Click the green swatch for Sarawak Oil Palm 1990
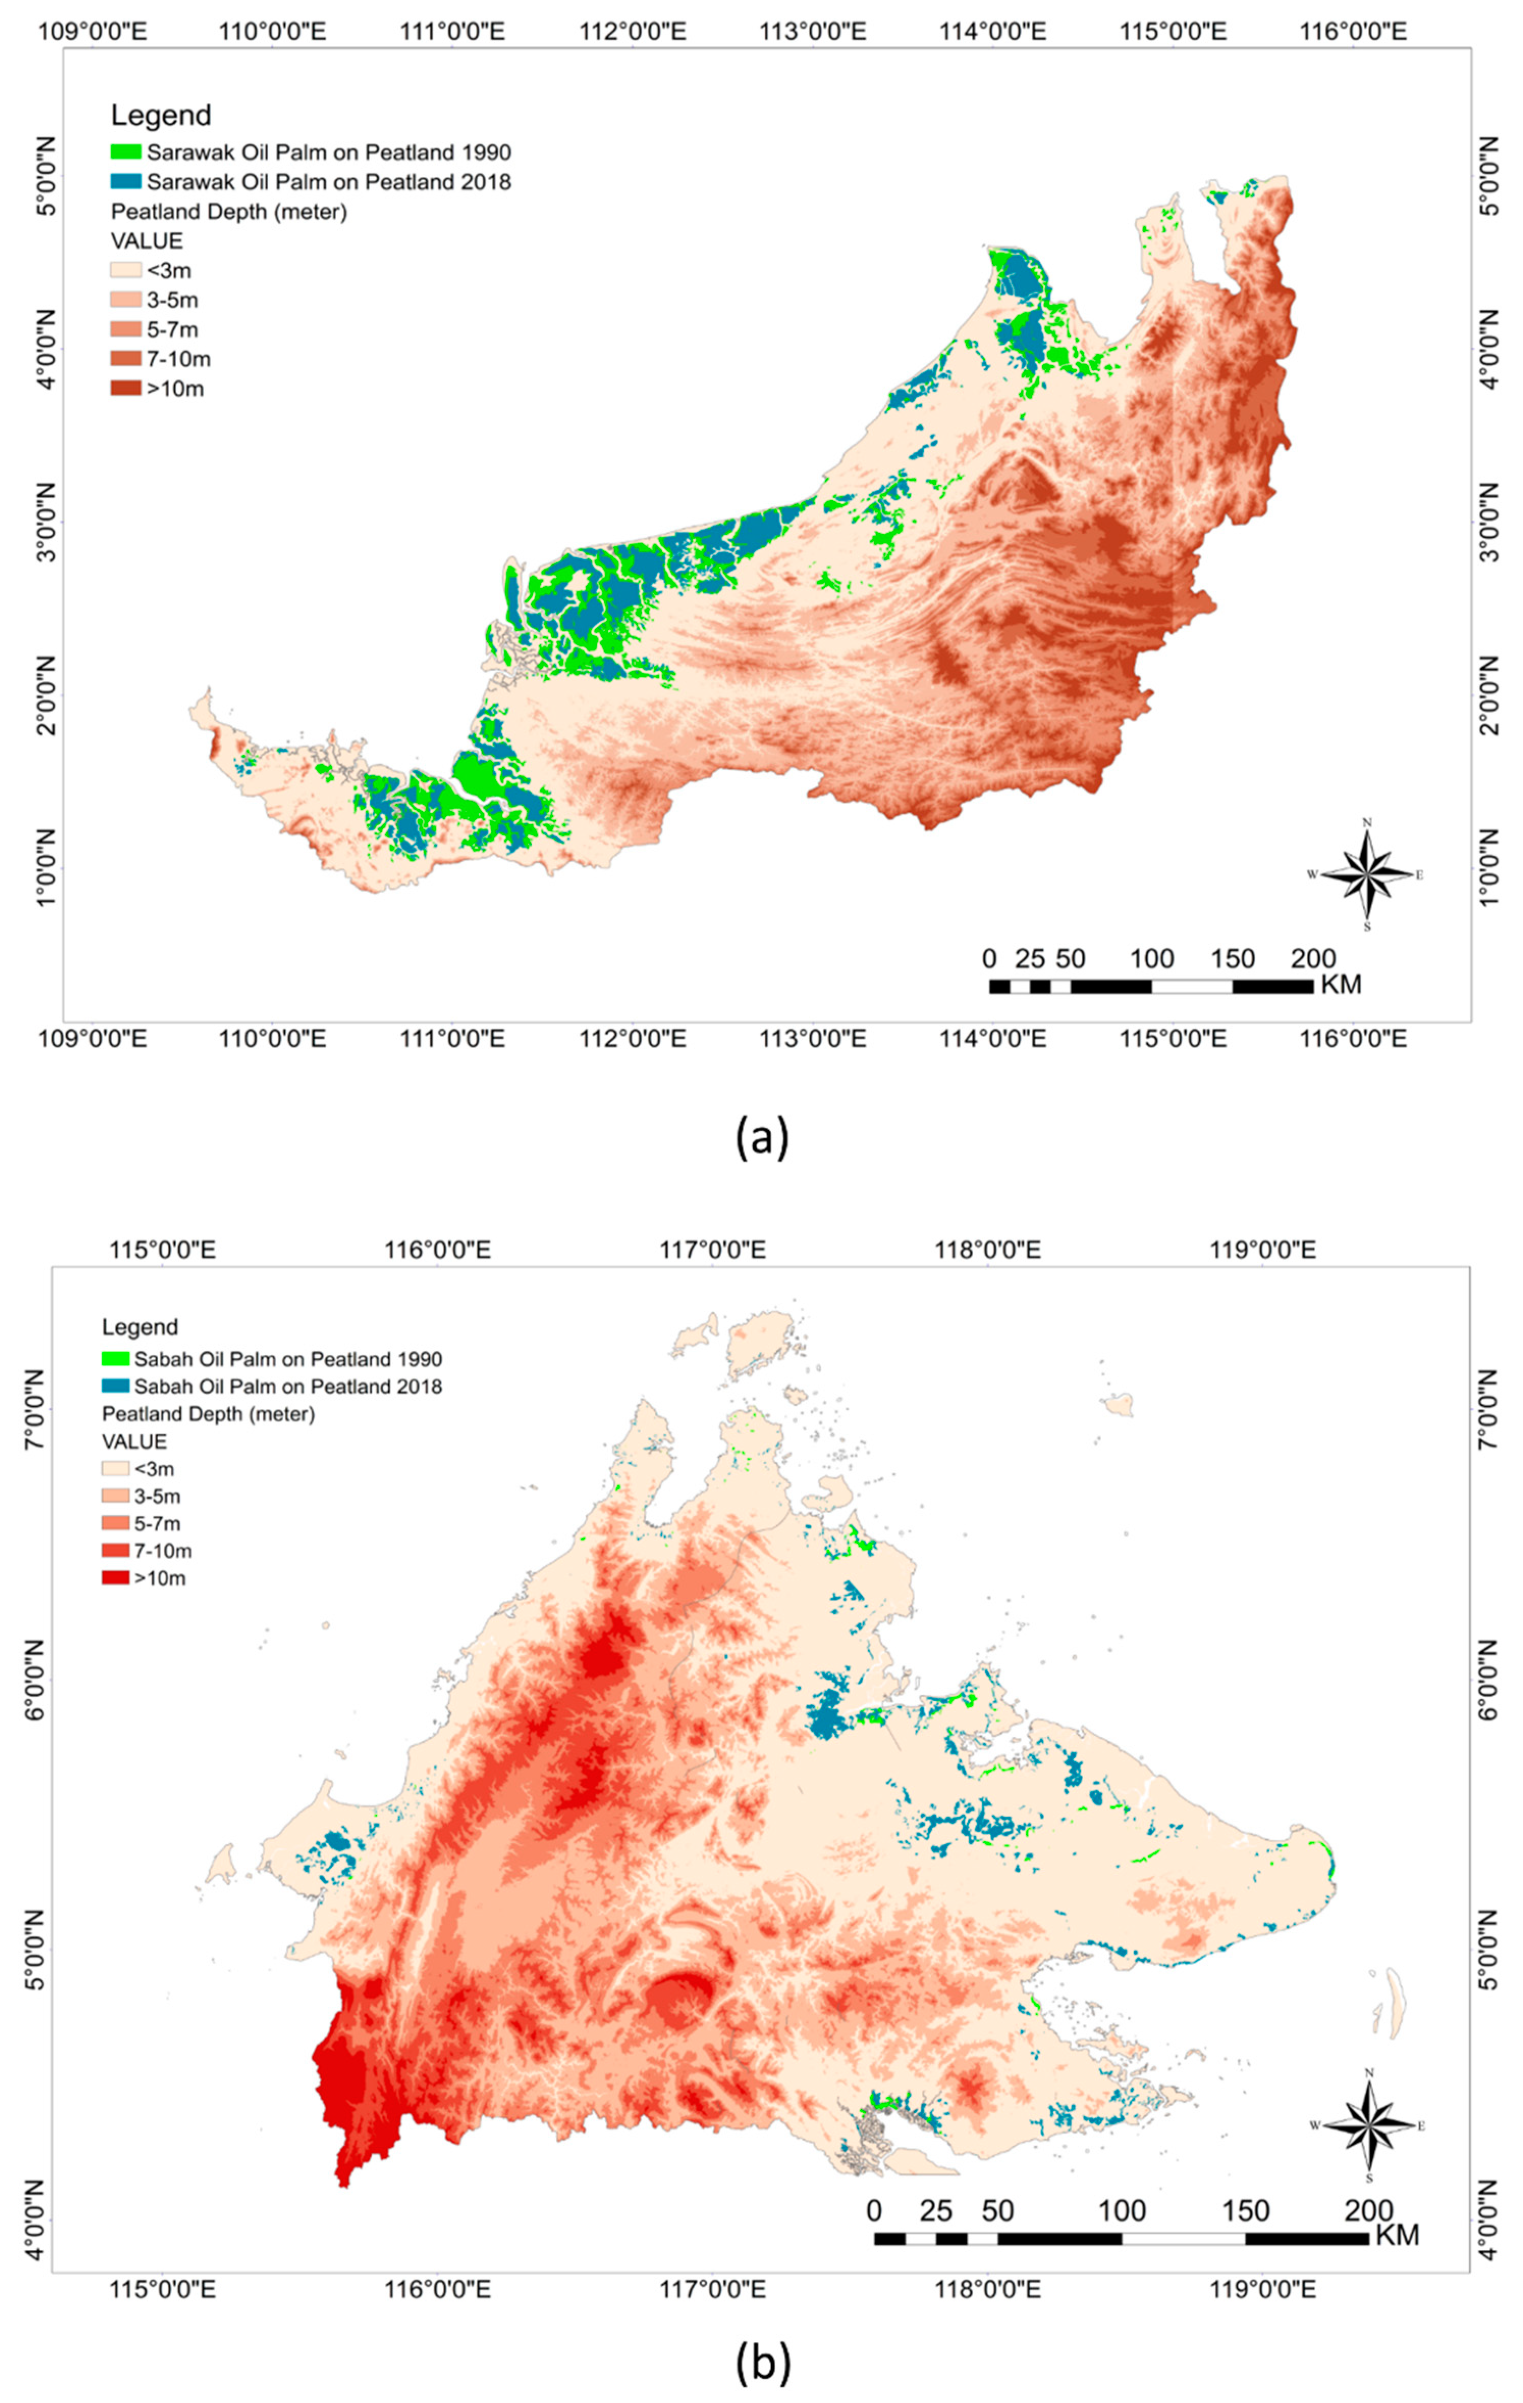[126, 153]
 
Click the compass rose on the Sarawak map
[1366, 874]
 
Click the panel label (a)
[761, 1137]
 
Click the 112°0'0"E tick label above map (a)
[633, 31]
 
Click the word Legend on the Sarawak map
[160, 116]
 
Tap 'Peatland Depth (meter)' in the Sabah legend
[209, 1414]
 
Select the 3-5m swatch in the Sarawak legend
[126, 299]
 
